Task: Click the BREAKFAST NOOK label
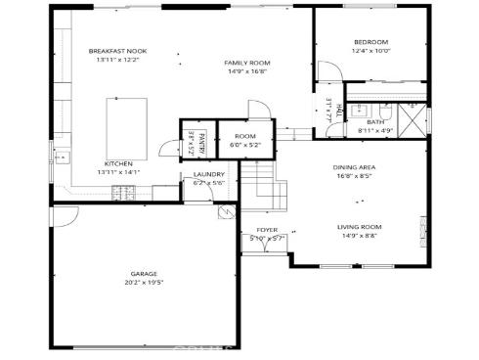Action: click(117, 51)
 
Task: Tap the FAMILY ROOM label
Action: click(248, 63)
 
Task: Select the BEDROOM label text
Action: click(370, 41)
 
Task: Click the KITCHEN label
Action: click(117, 163)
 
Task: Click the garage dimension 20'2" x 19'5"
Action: click(145, 283)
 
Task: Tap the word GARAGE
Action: click(145, 274)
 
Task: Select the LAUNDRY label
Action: click(209, 174)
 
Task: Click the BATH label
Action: click(375, 121)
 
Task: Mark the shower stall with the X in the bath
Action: click(414, 119)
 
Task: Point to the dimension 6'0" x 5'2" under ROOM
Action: click(244, 145)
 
